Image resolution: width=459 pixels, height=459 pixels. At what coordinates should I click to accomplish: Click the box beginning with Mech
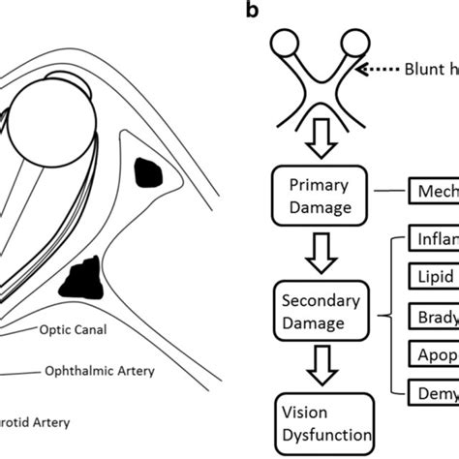[434, 194]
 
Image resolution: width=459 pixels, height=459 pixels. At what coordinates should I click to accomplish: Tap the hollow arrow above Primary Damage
[317, 146]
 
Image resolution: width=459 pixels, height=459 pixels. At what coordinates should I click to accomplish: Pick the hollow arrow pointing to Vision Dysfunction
[317, 365]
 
